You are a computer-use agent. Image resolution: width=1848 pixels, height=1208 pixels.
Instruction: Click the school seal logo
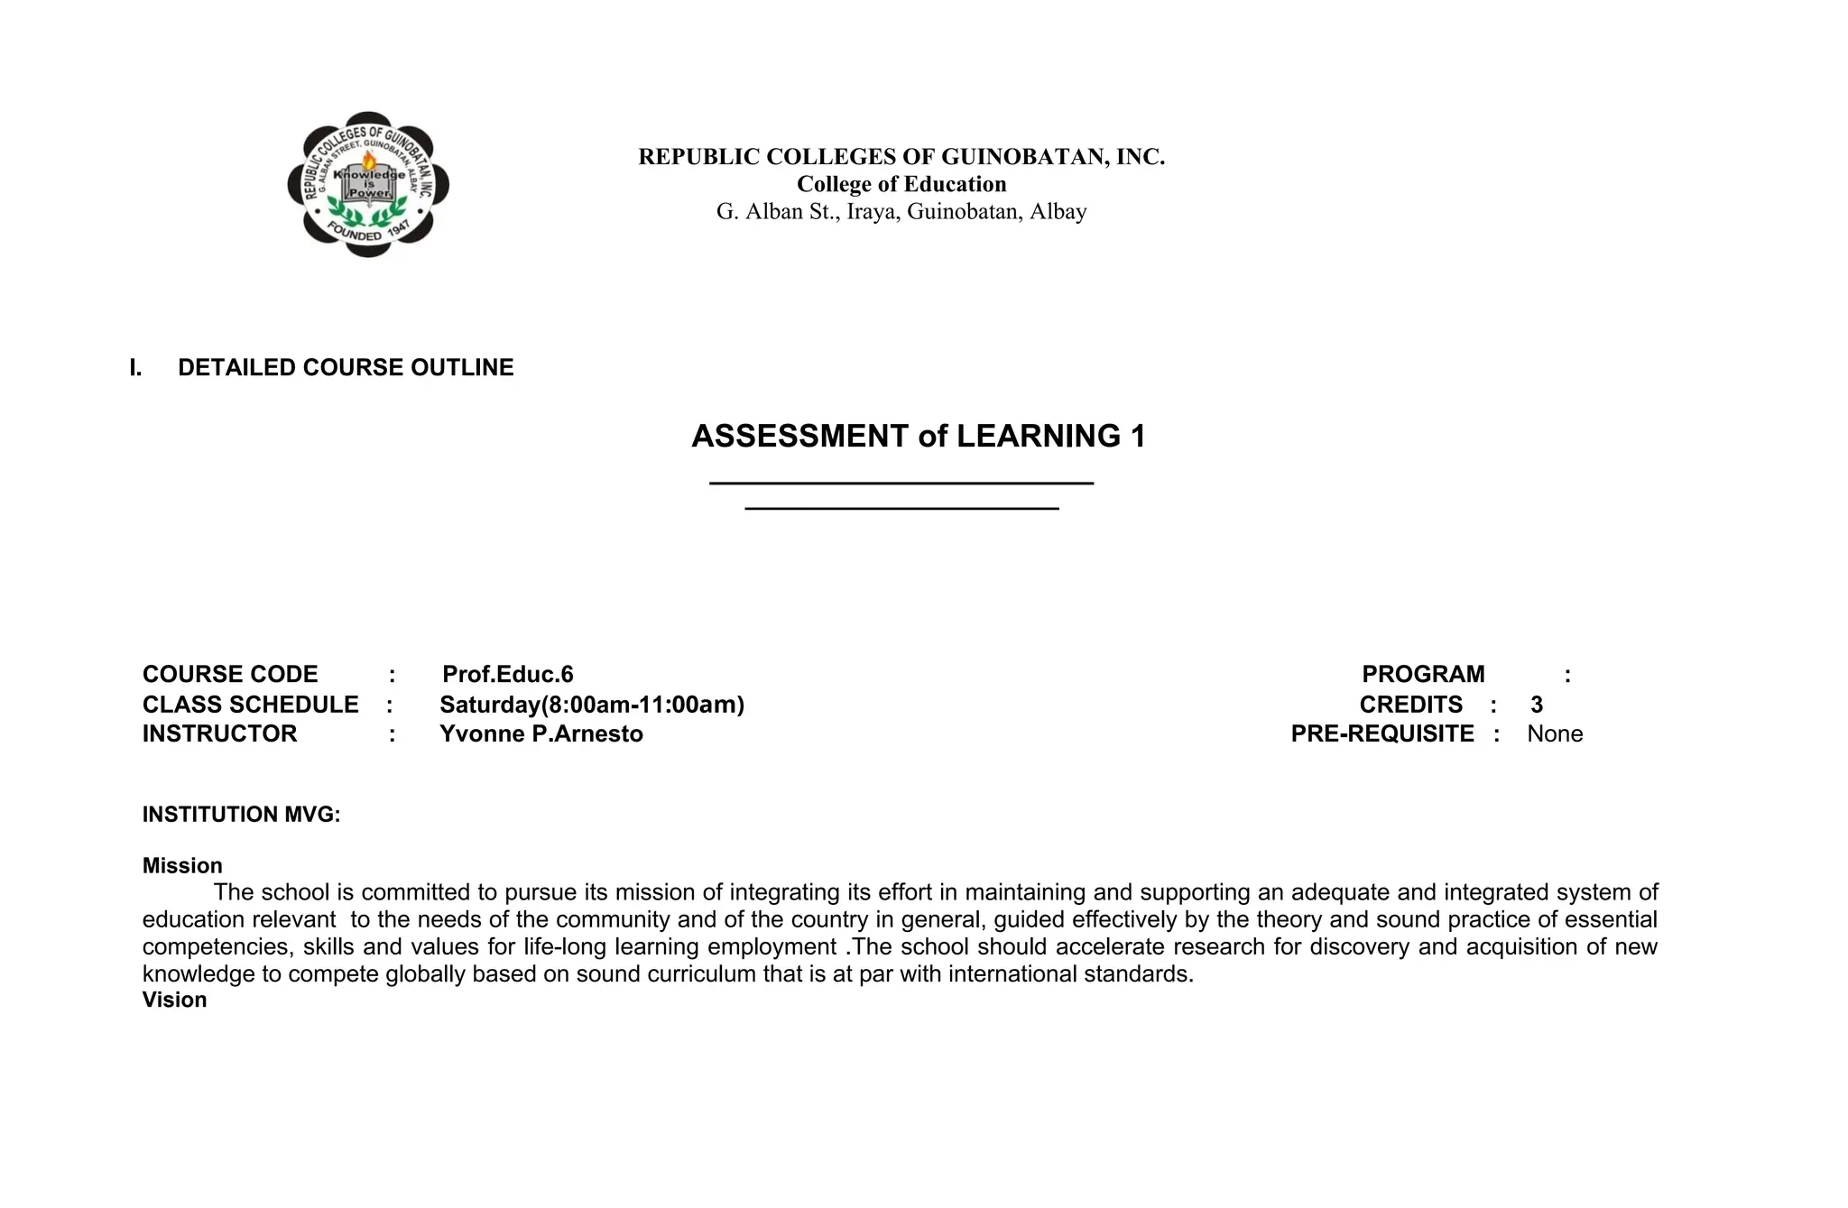(368, 184)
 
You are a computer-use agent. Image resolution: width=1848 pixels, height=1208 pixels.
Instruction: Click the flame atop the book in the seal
(369, 161)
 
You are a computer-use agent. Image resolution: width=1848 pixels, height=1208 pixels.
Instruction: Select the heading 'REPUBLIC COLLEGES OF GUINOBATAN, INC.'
(901, 157)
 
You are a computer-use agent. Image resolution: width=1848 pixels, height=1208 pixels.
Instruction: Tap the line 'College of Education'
(901, 184)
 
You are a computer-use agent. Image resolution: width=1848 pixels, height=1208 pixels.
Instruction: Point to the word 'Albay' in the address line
(1058, 212)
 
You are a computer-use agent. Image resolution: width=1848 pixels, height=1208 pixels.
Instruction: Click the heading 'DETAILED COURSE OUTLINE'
(346, 367)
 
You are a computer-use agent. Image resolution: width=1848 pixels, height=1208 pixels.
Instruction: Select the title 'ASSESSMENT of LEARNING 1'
(918, 437)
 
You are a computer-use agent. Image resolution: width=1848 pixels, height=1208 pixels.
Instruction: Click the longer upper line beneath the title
(901, 484)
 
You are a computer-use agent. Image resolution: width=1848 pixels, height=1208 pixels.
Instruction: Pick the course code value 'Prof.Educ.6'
(508, 675)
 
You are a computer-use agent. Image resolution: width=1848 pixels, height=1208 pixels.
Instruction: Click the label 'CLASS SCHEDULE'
(250, 705)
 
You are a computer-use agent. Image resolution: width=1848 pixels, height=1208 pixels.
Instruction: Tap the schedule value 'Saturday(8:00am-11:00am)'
(592, 705)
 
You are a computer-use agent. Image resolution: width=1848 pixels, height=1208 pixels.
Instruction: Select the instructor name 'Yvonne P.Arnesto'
(541, 734)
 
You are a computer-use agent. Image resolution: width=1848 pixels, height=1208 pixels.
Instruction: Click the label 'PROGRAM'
(1423, 675)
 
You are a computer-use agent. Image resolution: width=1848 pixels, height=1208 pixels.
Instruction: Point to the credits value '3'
(1537, 705)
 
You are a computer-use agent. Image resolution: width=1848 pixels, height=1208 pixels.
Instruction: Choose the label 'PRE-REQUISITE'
(1382, 734)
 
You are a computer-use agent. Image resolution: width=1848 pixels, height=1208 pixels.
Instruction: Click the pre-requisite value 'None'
(1555, 734)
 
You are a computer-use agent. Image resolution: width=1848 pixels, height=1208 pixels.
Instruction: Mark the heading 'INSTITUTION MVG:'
(241, 815)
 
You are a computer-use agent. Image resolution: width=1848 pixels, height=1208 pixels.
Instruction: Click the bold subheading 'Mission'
(182, 866)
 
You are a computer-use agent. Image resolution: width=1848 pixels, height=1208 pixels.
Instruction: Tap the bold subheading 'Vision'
(174, 1000)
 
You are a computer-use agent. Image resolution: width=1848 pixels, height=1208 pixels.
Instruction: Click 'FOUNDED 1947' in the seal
(368, 232)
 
